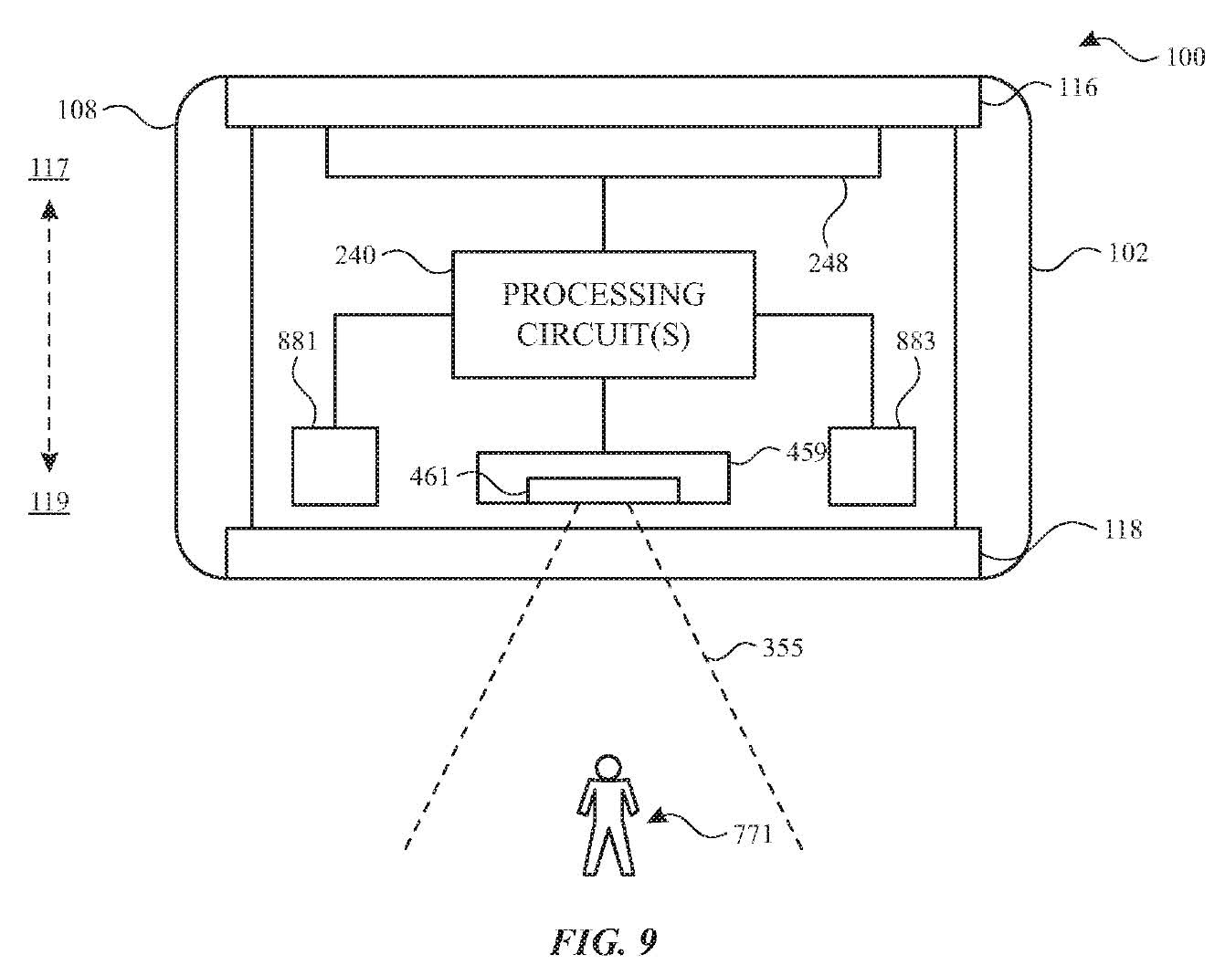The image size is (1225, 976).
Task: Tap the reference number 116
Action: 1078,88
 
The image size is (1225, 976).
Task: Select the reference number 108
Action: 78,109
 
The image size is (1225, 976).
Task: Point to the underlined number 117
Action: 49,168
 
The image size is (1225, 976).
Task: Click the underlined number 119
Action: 49,501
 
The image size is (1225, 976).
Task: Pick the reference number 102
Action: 1127,253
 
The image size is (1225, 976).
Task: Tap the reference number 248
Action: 828,263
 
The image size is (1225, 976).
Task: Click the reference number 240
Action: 355,255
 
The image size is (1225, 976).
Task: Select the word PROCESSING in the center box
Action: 604,294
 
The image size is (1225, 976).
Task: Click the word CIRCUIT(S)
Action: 604,334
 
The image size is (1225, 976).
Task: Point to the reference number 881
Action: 297,341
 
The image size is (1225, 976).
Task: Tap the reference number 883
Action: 916,341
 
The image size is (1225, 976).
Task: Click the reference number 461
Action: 429,477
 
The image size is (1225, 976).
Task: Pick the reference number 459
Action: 806,452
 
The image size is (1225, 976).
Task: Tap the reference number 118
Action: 1123,530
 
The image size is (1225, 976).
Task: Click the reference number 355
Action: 782,647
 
